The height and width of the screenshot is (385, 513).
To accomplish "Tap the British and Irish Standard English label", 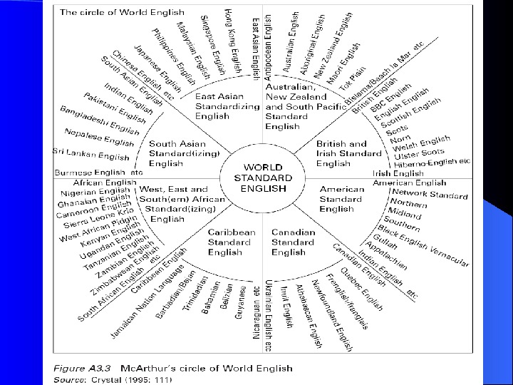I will coord(341,153).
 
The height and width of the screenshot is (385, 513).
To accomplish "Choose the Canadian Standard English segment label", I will coord(293,242).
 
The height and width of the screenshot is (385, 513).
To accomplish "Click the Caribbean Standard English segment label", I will coord(232,242).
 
